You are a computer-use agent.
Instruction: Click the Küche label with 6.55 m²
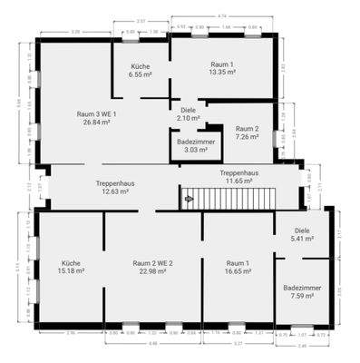coord(140,71)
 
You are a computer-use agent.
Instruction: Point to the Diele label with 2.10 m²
coord(188,113)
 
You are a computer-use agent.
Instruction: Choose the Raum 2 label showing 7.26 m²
coord(248,132)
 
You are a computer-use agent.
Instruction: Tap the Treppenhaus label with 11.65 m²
coord(238,177)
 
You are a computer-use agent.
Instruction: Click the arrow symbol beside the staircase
coord(189,198)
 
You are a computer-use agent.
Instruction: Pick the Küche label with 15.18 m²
coord(71,266)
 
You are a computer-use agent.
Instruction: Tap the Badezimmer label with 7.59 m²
coord(303,289)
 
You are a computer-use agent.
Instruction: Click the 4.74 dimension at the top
coord(222,17)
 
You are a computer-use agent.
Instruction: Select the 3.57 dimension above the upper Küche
coord(140,19)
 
